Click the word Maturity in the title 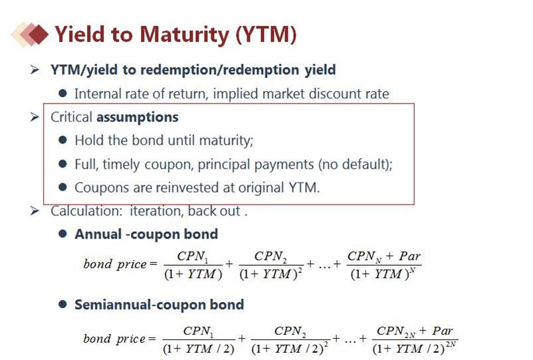185,35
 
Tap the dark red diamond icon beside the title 38,34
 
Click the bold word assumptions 138,118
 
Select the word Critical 71,117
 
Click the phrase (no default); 355,164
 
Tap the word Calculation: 86,211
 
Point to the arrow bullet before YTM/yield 35,70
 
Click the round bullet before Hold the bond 62,140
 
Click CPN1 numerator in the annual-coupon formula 193,256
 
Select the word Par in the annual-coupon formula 409,256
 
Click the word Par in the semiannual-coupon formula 442,331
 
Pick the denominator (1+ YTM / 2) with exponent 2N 414,348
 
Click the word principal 221,165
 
